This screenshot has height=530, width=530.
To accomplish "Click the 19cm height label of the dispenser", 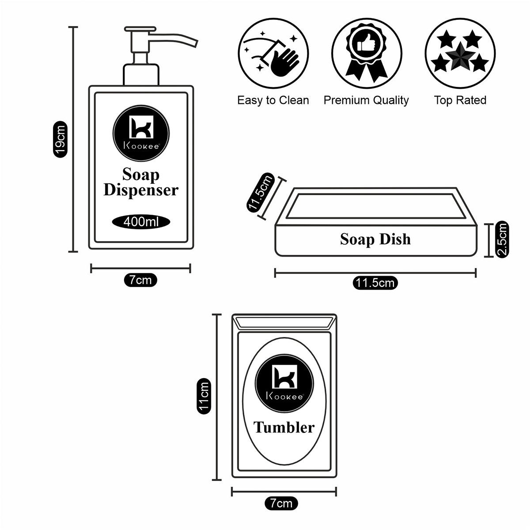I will coord(60,139).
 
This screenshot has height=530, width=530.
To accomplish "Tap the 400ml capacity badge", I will coord(141,221).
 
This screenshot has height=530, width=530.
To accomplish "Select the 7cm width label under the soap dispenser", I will coord(140,280).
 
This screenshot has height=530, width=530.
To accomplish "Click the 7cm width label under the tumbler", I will coord(281,503).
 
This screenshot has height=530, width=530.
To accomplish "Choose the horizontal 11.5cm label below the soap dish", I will coord(375,283).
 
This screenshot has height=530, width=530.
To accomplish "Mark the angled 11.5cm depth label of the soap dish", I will coord(261,193).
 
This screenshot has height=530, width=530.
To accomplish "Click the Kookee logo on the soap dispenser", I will coord(140,131).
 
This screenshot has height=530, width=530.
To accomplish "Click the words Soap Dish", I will coord(375,239).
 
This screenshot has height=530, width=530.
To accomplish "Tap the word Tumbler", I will coord(284,427).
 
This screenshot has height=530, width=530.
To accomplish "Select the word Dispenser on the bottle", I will coord(140,190).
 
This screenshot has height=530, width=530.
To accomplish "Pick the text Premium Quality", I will coord(366,100).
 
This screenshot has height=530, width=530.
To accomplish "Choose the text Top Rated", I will coord(460,100).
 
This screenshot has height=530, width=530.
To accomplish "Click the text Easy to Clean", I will coord(273,100).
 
